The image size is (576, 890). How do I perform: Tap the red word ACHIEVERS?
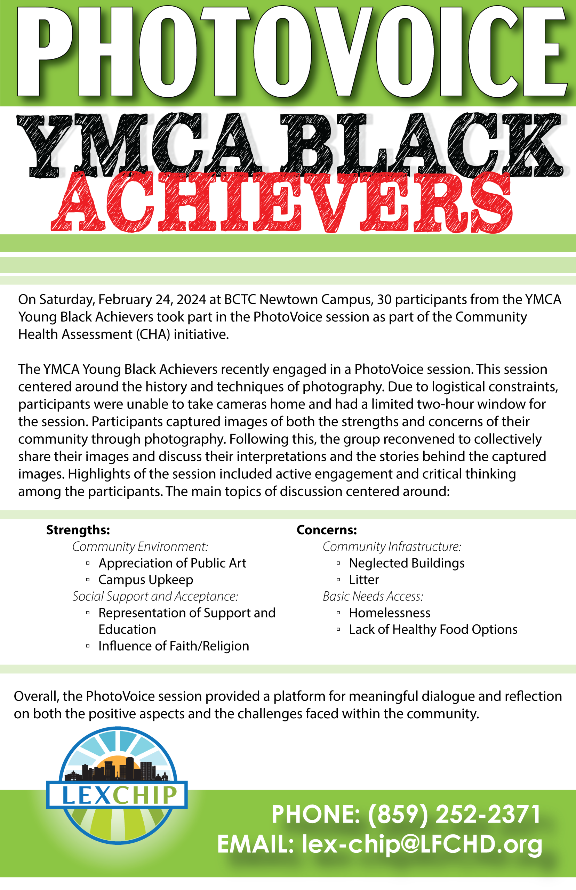click(x=281, y=202)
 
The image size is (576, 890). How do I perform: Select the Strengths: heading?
click(x=78, y=530)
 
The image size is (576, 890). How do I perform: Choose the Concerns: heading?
click(x=327, y=530)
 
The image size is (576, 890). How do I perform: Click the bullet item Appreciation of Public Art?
click(x=172, y=563)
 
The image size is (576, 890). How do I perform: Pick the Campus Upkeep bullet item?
click(x=145, y=580)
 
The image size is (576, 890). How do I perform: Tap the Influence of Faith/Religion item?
click(x=174, y=646)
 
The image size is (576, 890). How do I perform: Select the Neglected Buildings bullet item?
click(x=407, y=563)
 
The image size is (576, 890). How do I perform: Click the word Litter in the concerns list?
click(x=363, y=580)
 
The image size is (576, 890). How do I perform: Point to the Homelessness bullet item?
click(x=389, y=613)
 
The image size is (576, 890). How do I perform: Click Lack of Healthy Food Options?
click(x=433, y=630)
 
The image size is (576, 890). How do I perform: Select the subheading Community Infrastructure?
click(x=392, y=547)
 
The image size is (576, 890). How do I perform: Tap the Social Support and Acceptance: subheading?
click(x=155, y=596)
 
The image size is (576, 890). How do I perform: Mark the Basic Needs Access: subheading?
click(x=373, y=596)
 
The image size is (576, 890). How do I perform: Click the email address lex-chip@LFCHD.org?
click(x=422, y=844)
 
